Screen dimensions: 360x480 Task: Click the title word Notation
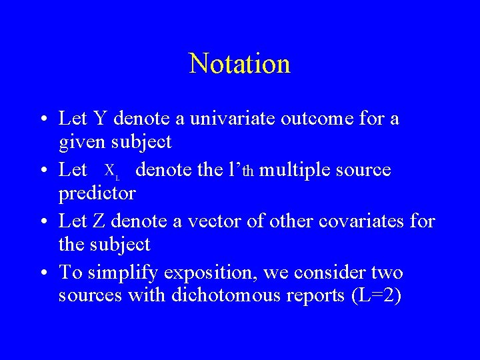239,64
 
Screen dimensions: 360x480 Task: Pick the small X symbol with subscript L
112,171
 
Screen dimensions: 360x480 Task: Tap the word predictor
97,193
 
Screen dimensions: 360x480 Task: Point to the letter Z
95,221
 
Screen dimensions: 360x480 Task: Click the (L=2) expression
376,295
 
